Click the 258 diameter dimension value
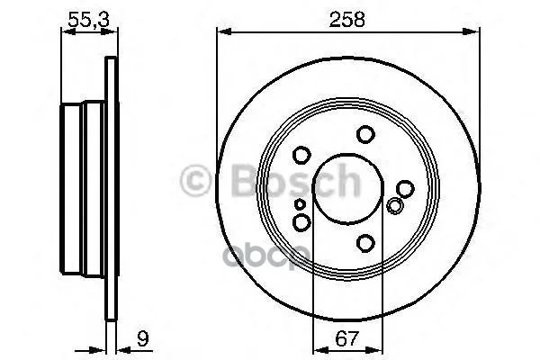pos(346,19)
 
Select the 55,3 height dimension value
pos(88,19)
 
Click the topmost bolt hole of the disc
pos(365,134)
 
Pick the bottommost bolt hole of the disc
pos(365,243)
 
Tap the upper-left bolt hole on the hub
pos(301,155)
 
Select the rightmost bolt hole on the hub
pos(405,188)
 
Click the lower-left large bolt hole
pos(301,222)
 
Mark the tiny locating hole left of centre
pos(300,204)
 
